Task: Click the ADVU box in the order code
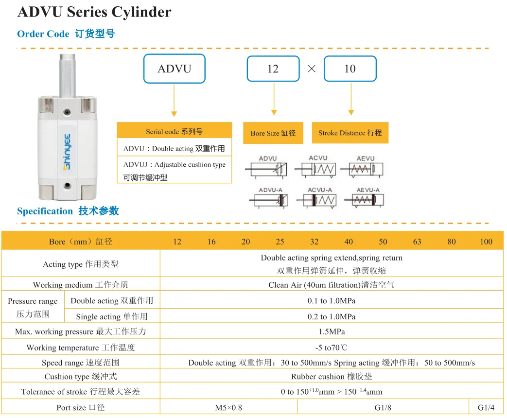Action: click(175, 69)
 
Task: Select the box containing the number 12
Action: click(273, 69)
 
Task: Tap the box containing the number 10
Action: click(350, 69)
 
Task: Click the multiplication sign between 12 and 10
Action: click(312, 69)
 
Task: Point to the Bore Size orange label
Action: click(273, 133)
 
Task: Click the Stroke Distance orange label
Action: click(350, 133)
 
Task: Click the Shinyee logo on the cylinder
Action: click(67, 152)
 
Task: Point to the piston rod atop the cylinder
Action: click(67, 76)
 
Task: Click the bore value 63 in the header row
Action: click(417, 242)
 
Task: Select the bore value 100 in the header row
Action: click(486, 242)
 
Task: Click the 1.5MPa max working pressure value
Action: click(332, 331)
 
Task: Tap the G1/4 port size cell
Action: click(486, 407)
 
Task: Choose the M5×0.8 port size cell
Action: click(228, 407)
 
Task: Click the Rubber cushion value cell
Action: click(332, 376)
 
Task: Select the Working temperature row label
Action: click(81, 348)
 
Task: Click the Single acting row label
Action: click(112, 316)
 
